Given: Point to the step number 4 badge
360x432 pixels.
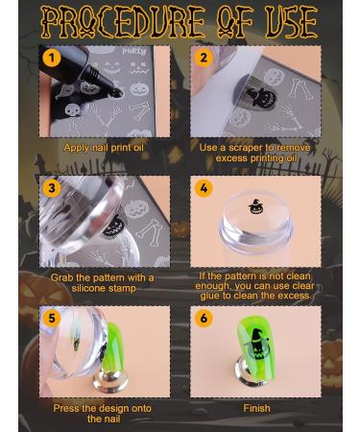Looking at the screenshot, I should click(x=203, y=188).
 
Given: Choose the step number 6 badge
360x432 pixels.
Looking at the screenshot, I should click(x=203, y=318).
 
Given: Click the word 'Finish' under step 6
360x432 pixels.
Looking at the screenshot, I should click(x=256, y=408).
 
